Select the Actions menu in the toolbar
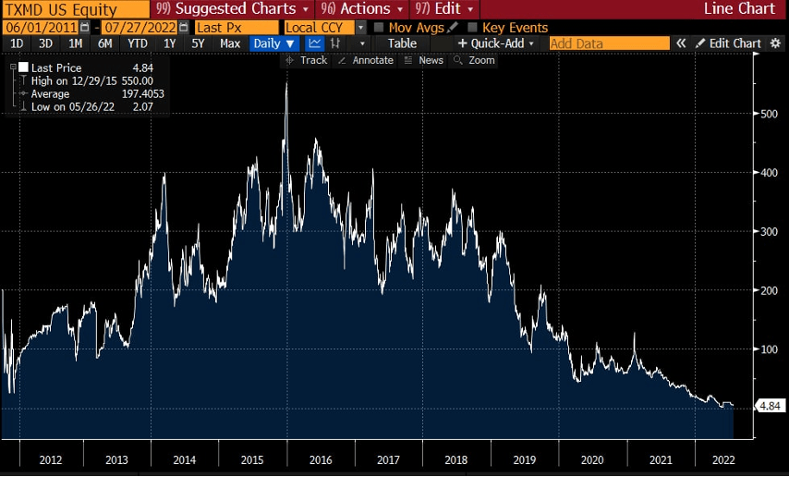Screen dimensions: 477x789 364,10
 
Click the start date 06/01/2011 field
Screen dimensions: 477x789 41,28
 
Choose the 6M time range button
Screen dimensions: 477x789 105,43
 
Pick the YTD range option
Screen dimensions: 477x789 137,43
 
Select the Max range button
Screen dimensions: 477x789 230,43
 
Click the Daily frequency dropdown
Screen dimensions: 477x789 273,43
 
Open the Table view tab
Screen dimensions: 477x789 402,43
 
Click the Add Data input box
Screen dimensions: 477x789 609,43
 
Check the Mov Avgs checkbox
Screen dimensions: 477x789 379,28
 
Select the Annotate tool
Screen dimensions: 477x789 366,60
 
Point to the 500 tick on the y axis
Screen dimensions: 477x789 769,114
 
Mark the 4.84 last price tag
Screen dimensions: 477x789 770,406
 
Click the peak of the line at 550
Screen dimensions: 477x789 286,84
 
